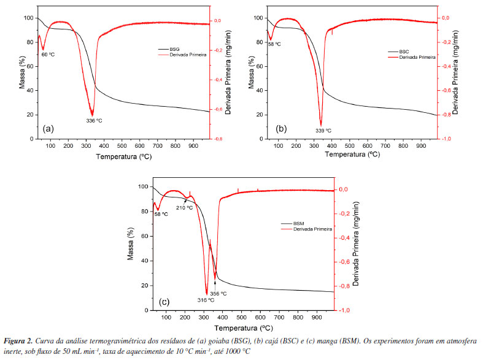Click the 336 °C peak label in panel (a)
94,120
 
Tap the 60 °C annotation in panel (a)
48,55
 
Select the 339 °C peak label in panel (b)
323,130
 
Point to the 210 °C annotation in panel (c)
185,208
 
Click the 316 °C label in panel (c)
206,300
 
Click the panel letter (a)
48,129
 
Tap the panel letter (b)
282,129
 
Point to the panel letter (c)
164,301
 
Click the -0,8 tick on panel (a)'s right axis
220,139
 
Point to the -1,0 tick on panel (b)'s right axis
449,139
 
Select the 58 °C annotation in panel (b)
274,44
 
